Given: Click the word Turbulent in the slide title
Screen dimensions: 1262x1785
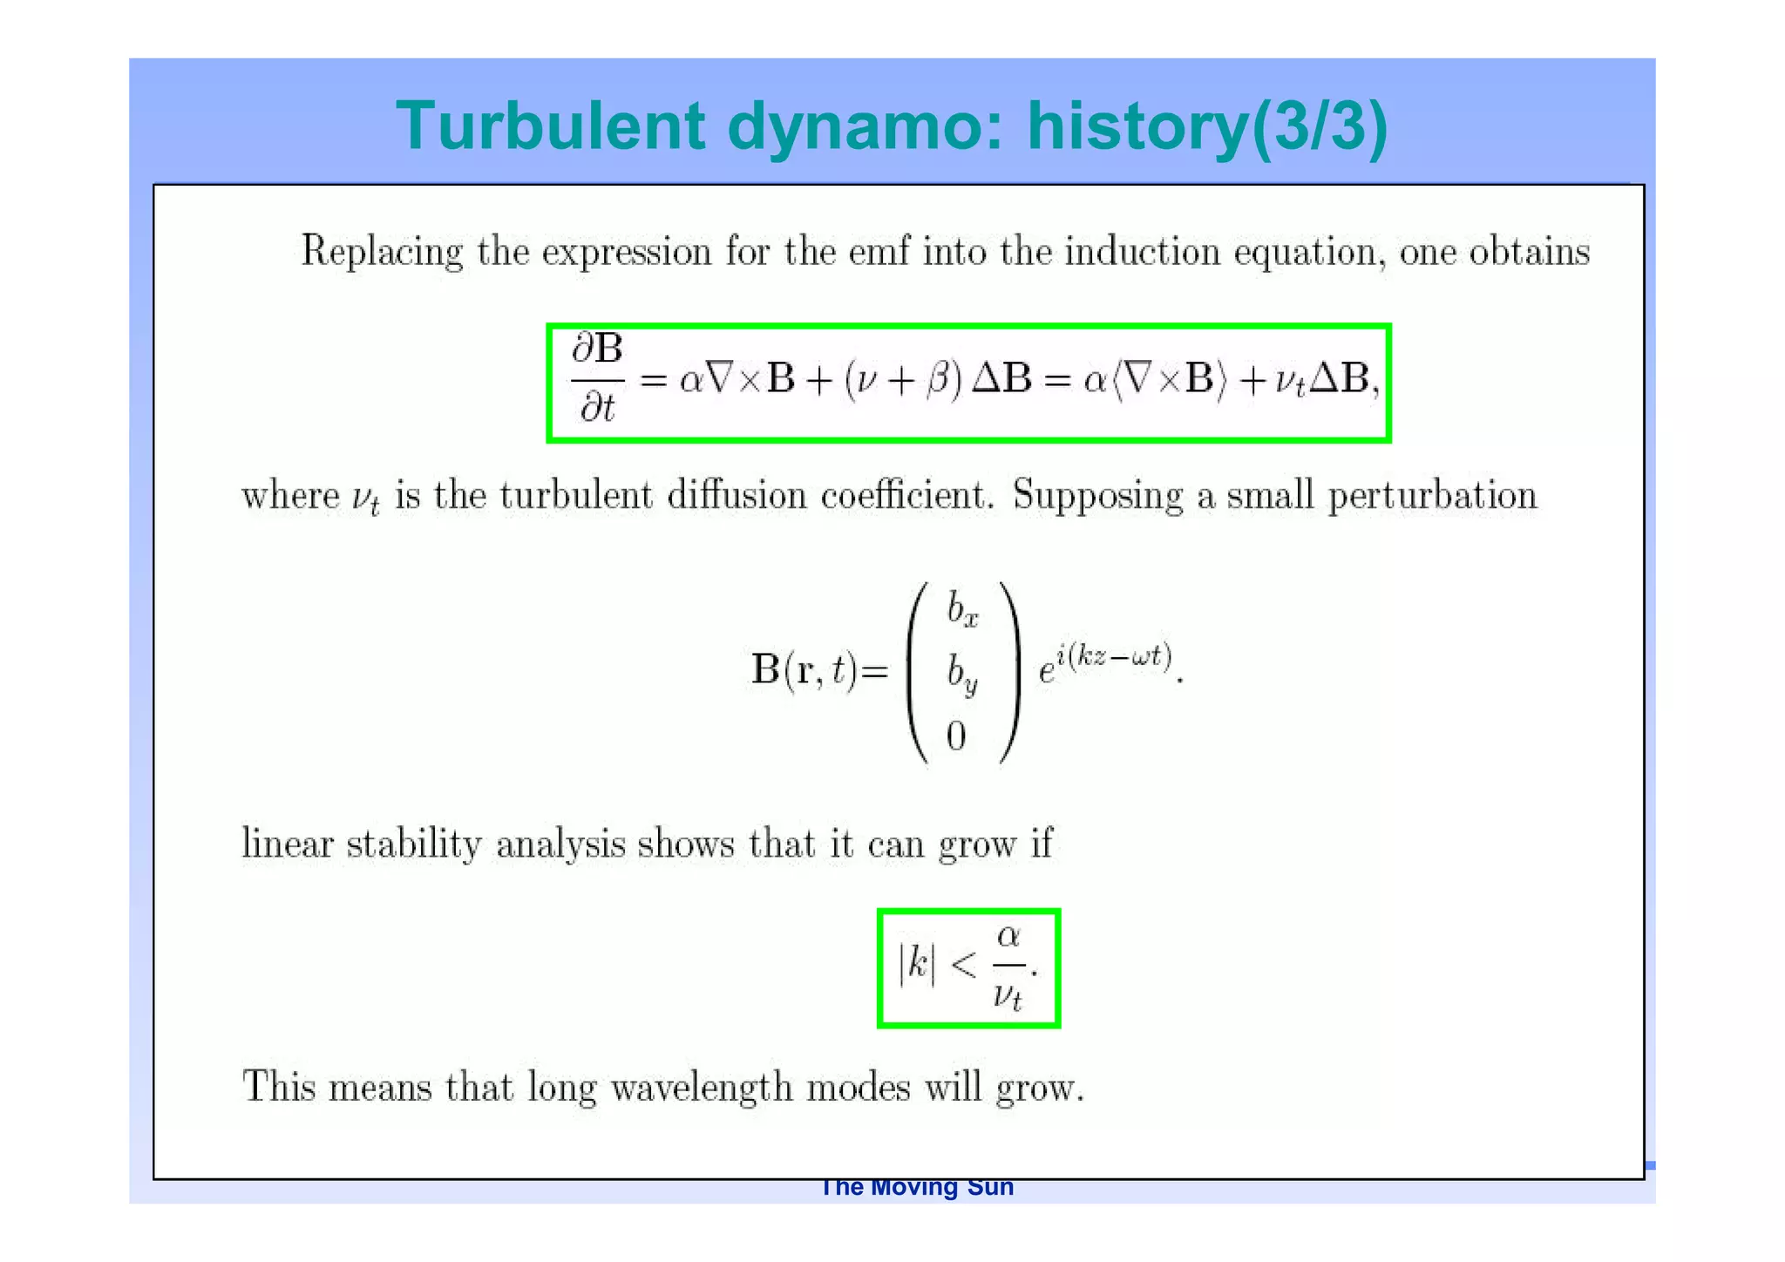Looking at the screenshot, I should click(550, 126).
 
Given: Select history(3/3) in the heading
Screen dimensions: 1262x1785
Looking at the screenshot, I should click(1207, 126).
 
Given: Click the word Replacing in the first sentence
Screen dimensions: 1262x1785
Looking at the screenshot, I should click(382, 252).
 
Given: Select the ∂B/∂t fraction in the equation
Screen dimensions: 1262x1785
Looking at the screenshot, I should click(598, 378).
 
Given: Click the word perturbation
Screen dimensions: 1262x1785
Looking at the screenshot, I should click(1432, 496).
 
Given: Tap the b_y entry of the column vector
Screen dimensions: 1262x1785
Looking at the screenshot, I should click(962, 674).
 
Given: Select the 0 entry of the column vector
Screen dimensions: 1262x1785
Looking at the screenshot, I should click(956, 737).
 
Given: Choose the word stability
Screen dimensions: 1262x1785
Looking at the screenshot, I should click(414, 845).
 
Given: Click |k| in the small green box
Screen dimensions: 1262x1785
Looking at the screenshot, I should click(916, 966).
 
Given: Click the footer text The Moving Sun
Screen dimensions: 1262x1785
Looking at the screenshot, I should click(917, 1188).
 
